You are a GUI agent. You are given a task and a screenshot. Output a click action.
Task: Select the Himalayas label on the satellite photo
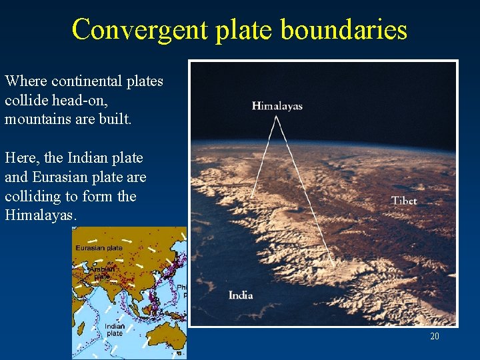[277, 106]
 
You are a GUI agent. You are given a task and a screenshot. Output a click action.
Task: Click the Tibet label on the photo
[404, 201]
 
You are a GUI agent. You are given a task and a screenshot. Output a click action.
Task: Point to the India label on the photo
[241, 295]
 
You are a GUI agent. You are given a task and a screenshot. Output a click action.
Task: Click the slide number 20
[434, 336]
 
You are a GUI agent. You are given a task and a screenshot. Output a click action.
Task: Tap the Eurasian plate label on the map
[99, 248]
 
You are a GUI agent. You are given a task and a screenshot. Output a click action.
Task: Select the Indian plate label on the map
[114, 330]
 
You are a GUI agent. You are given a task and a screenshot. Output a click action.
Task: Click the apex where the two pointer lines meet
[277, 117]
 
